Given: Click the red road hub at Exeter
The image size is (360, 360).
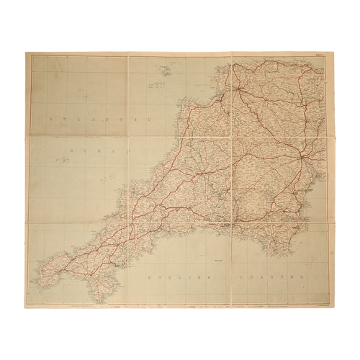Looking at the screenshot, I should click(297, 157).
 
